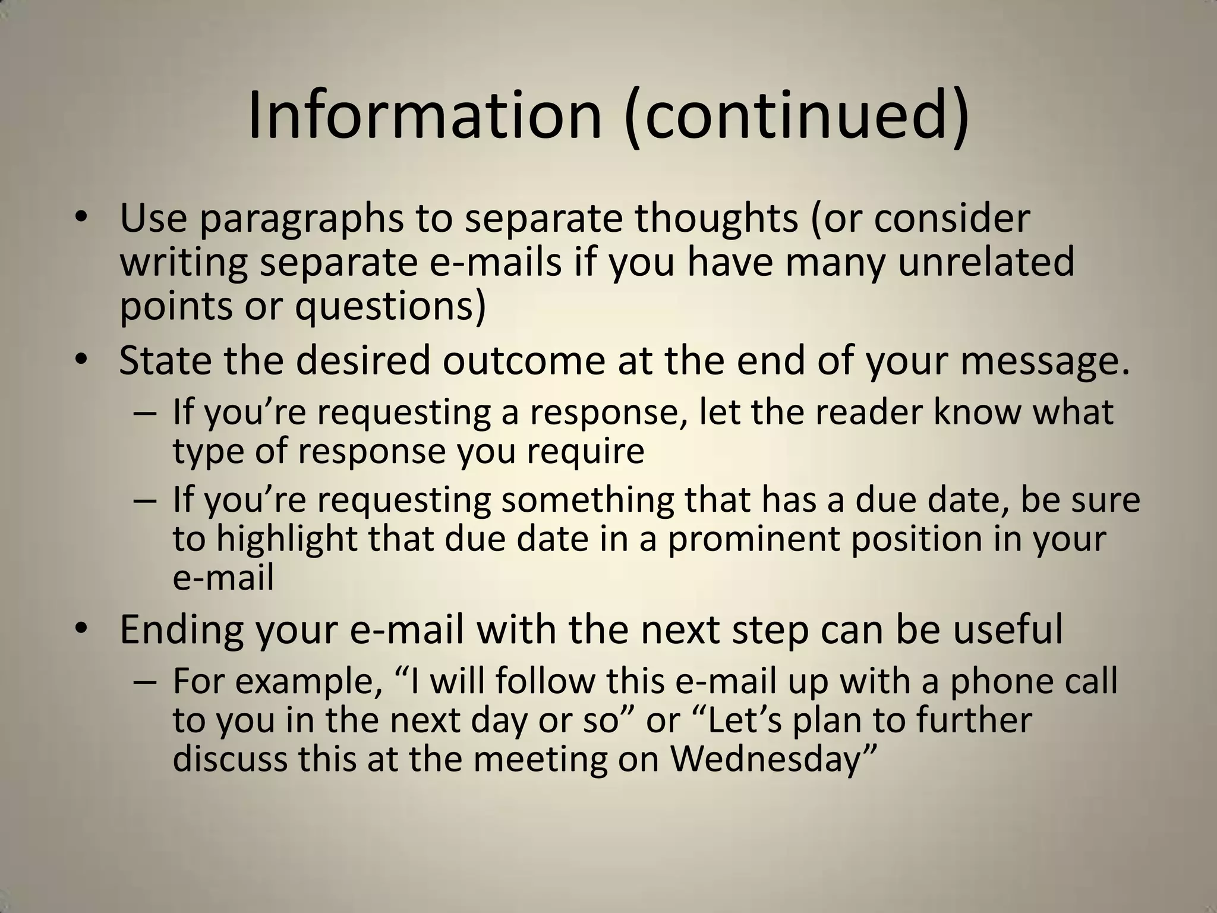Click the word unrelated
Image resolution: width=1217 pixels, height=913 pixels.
(x=986, y=262)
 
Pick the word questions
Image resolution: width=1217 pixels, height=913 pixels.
(x=390, y=307)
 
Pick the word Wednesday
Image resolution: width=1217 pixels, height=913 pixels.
(x=765, y=760)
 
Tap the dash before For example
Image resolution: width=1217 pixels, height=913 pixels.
(x=145, y=682)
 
